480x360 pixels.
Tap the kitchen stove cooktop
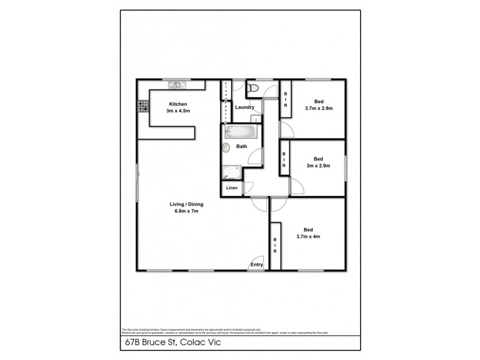pyautogui.click(x=143, y=107)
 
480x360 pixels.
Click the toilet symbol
pyautogui.click(x=253, y=89)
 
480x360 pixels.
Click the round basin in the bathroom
pyautogui.click(x=226, y=147)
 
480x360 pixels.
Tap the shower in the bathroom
pyautogui.click(x=230, y=172)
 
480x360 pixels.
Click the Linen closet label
pyautogui.click(x=232, y=188)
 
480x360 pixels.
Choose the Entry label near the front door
pyautogui.click(x=257, y=265)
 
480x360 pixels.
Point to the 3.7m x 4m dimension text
pyautogui.click(x=309, y=236)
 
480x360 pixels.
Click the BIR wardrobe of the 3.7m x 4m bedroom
pyautogui.click(x=275, y=245)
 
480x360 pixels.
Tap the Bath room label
pyautogui.click(x=242, y=146)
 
